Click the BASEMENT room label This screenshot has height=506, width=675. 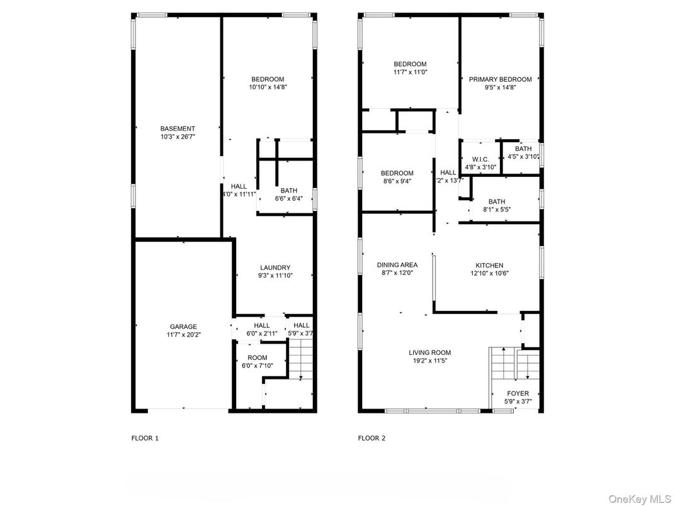(x=178, y=128)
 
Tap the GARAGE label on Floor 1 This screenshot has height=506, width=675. (x=183, y=327)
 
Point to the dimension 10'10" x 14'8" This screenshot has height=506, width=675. (x=268, y=87)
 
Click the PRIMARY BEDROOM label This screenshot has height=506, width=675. (x=500, y=79)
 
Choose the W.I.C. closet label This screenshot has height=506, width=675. (x=480, y=159)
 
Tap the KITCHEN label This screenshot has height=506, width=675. (x=489, y=266)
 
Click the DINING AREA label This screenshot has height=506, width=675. (x=397, y=265)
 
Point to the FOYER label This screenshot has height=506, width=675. (x=518, y=393)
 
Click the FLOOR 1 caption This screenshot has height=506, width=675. (x=145, y=438)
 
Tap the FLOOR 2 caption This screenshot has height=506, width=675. (x=372, y=438)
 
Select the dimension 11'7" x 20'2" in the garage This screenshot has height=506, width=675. (x=183, y=335)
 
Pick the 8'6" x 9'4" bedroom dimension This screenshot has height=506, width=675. (x=397, y=182)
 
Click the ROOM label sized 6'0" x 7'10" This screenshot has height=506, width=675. (x=248, y=358)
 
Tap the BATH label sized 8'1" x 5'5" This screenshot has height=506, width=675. (x=496, y=201)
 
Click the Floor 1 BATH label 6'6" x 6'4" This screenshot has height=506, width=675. (x=289, y=190)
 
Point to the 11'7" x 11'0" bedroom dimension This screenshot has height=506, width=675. (x=410, y=72)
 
